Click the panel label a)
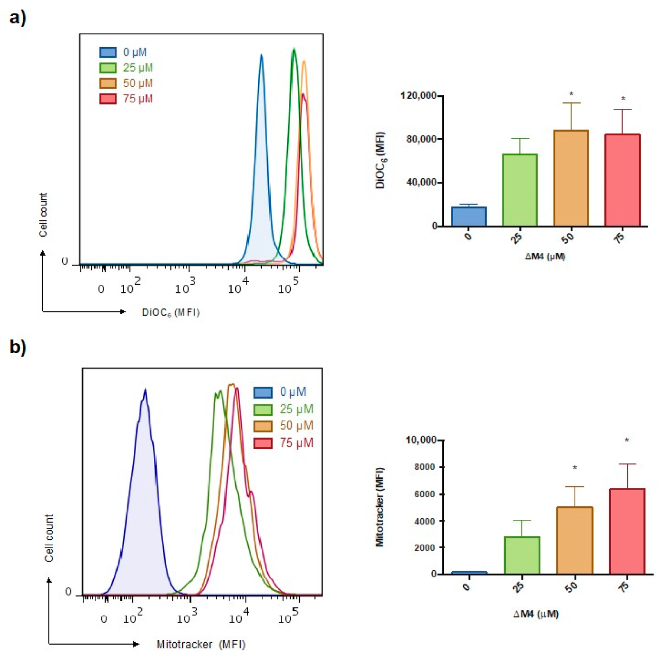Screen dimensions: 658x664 [17, 17]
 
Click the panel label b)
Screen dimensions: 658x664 [17, 347]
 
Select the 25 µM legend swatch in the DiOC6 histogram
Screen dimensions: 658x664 [108, 68]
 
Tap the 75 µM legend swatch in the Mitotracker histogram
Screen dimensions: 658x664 [263, 443]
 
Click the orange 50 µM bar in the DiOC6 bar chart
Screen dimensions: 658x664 [571, 178]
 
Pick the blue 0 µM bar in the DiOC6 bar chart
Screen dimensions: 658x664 [469, 217]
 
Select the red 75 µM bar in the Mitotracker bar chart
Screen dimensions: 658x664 [627, 531]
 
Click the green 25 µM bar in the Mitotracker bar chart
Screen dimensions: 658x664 [522, 555]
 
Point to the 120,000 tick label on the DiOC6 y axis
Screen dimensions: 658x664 [418, 96]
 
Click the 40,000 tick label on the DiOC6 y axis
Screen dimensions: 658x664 [421, 183]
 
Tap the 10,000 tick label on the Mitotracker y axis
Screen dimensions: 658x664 [421, 440]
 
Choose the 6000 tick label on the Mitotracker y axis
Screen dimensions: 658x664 [426, 494]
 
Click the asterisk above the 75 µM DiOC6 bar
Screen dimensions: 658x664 [623, 99]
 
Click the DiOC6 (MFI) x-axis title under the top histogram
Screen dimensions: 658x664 [171, 312]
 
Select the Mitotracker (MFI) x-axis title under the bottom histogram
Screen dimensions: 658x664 [201, 644]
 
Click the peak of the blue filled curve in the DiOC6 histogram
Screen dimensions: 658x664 [261, 55]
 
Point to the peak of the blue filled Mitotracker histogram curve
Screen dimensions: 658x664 [145, 390]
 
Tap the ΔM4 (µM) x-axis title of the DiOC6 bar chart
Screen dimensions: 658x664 [545, 256]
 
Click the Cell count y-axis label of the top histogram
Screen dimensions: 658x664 [43, 214]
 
